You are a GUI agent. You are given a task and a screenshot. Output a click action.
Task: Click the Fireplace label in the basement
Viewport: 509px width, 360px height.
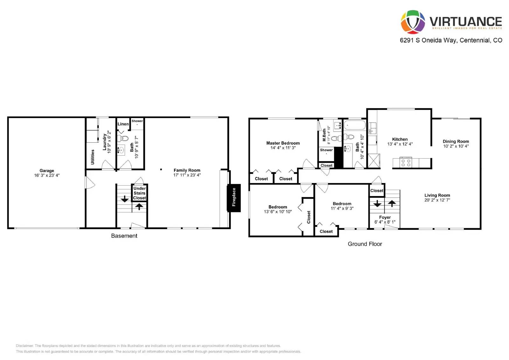click(x=234, y=197)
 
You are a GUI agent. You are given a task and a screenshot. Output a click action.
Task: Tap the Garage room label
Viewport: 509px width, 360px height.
click(x=47, y=171)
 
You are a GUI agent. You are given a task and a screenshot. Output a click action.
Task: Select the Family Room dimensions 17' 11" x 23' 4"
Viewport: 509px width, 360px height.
click(x=187, y=175)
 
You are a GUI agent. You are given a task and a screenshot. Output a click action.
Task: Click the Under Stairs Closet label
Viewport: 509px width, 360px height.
click(x=139, y=193)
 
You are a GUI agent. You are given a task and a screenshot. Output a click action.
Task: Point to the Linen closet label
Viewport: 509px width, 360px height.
click(x=123, y=124)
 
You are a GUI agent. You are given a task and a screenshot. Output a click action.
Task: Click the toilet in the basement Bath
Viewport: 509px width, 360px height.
click(x=123, y=138)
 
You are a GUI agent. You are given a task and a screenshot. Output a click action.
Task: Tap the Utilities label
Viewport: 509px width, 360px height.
click(x=93, y=157)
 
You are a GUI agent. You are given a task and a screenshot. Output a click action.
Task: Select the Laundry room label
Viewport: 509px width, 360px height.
click(x=104, y=142)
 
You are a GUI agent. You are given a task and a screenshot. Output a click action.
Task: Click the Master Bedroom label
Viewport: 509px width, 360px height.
click(x=283, y=143)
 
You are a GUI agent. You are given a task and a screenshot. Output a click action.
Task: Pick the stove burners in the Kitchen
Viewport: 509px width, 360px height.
click(x=406, y=163)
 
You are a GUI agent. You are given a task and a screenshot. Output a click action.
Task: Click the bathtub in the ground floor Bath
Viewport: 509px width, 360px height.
click(x=355, y=125)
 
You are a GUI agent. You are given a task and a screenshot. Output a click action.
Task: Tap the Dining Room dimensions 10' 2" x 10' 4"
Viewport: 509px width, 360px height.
click(x=456, y=146)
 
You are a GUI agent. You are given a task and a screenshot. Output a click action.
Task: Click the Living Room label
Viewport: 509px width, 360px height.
click(x=437, y=195)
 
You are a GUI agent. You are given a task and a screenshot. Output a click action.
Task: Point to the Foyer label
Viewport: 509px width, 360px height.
click(x=385, y=217)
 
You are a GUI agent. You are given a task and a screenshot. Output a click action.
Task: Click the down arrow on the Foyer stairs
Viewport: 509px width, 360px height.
click(x=377, y=204)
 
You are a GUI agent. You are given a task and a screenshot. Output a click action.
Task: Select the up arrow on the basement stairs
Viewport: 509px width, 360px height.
click(x=139, y=207)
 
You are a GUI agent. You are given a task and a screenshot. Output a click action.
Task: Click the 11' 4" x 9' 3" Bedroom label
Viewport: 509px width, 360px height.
click(x=342, y=204)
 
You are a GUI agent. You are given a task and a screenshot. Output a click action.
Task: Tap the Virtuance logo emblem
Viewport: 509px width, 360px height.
click(x=413, y=22)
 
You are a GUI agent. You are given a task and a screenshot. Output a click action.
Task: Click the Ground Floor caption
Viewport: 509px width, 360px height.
click(x=365, y=244)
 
